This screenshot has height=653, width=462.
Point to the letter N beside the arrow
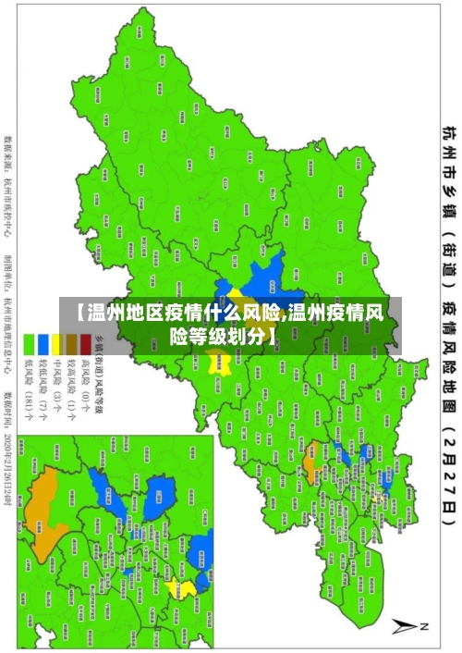426,626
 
